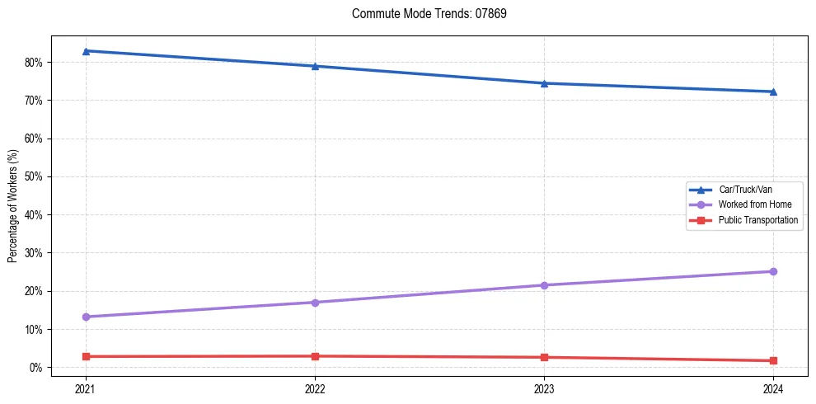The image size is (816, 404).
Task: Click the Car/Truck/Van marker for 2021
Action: click(86, 51)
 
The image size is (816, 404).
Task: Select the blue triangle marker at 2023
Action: click(544, 83)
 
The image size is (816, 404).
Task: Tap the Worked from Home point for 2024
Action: click(773, 271)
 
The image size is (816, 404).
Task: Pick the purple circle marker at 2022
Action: click(315, 303)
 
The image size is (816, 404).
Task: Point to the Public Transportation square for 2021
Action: click(86, 356)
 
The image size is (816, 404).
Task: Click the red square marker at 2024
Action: click(773, 360)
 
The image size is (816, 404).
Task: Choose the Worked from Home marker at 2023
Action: click(544, 285)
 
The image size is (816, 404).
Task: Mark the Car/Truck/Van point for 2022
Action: click(315, 66)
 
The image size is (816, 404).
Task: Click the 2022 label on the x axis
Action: click(315, 388)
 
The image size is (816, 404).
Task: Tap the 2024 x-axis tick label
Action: click(773, 388)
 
